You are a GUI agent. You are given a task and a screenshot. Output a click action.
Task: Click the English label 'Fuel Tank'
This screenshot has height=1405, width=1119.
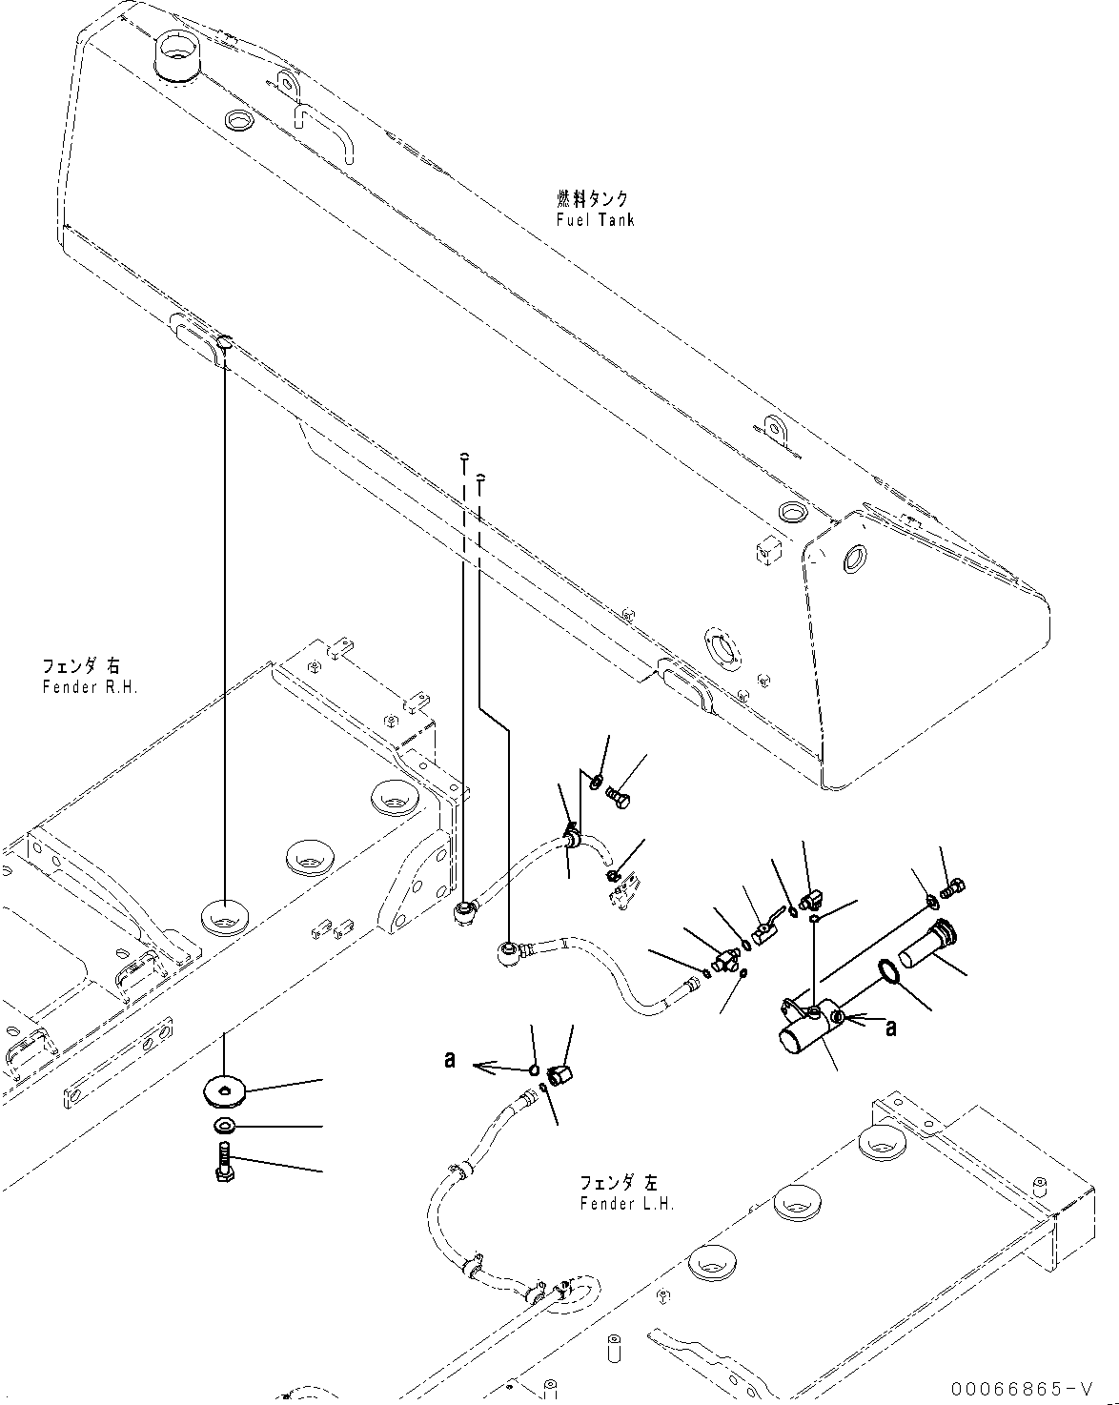tap(595, 219)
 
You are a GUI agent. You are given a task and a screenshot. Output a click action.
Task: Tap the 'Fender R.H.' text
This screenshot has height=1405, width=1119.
tap(91, 687)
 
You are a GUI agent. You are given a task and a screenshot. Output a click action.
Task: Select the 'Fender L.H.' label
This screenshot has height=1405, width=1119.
tap(627, 1203)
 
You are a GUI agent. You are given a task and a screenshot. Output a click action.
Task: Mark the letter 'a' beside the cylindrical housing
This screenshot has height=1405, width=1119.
tap(891, 1028)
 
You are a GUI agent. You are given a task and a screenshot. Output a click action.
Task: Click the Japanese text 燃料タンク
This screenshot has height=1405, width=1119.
tap(593, 197)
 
